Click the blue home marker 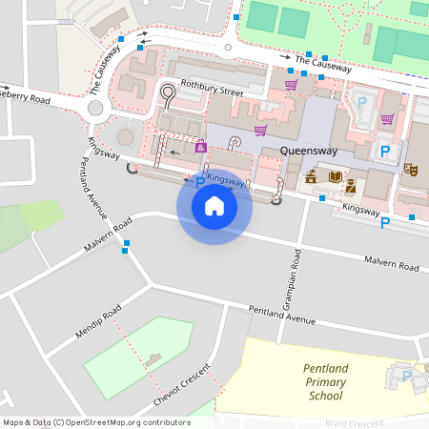214,205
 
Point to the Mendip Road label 98,325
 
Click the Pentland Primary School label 326,381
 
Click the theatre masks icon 412,169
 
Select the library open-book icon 335,176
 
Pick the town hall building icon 311,176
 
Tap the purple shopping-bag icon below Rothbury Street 201,146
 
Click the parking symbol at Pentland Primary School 407,377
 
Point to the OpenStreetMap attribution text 96,421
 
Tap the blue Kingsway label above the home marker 226,178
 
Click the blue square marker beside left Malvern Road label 126,244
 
